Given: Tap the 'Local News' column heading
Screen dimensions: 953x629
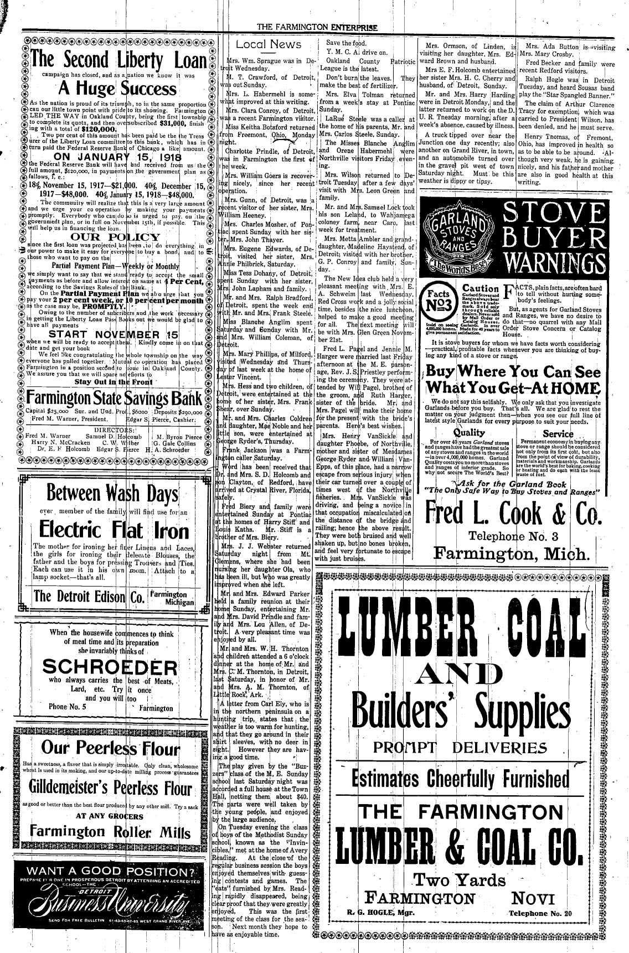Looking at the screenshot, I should tap(269, 45).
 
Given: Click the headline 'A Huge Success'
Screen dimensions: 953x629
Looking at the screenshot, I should tap(115, 89).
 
